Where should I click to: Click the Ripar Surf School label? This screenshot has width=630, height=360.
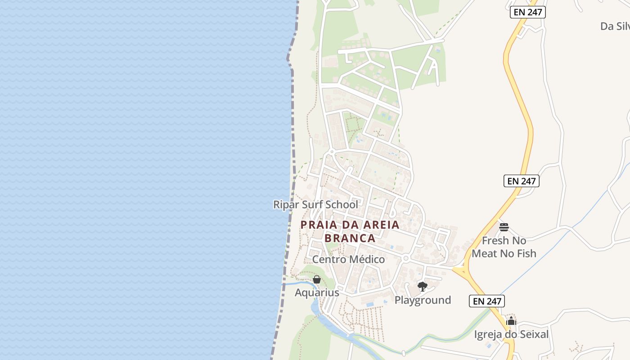(315, 205)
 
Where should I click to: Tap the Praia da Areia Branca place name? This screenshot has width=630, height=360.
(350, 231)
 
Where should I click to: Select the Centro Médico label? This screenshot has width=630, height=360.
(348, 260)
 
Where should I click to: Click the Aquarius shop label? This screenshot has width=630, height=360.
(317, 293)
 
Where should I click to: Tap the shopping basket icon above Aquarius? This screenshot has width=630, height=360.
(317, 280)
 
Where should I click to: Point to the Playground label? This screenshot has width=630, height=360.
(423, 300)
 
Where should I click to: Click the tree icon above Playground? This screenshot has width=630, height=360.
(422, 286)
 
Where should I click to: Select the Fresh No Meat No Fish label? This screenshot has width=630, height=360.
(504, 247)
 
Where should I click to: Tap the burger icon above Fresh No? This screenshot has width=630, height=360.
(504, 227)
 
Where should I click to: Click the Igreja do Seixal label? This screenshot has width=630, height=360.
(511, 334)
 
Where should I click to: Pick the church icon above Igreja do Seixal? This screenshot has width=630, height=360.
(511, 321)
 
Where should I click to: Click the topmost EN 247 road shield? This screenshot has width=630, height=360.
(528, 12)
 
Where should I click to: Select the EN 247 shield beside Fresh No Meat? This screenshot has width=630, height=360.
(521, 181)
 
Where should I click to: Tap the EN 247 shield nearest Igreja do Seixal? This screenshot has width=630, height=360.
(487, 301)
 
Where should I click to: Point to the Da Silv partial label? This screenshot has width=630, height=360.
(615, 27)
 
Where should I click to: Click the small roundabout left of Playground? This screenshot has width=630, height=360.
(405, 258)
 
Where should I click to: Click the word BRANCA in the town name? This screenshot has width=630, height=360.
(350, 238)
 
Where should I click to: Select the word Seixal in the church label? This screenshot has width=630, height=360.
(533, 334)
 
